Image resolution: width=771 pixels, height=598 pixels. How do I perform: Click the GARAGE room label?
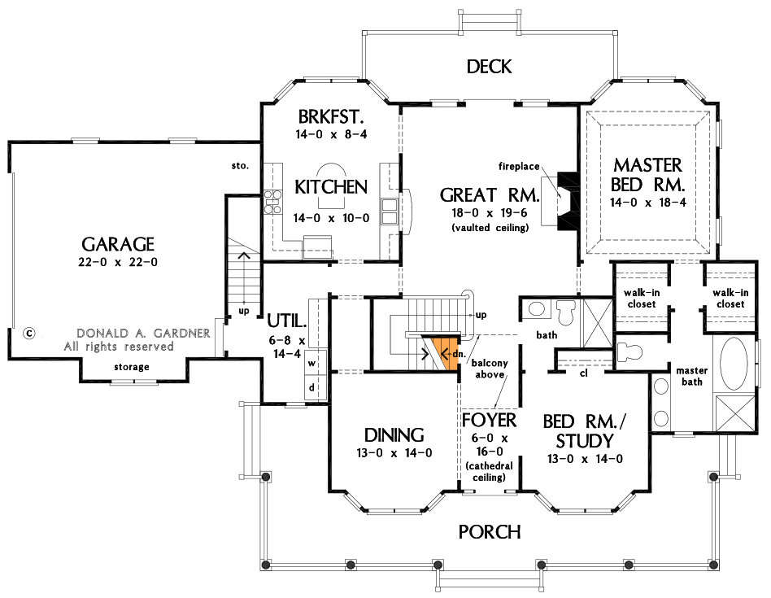pos(118,244)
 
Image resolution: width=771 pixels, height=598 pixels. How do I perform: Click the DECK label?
pos(490,67)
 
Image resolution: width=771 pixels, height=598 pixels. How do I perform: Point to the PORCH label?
pos(489,532)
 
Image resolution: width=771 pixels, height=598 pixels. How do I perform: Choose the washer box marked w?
pos(311,363)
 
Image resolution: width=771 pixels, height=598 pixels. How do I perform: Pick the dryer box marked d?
pos(311,388)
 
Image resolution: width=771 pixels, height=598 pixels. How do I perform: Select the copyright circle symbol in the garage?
pos(30,333)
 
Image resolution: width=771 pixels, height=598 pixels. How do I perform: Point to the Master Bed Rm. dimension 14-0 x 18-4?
pos(647,202)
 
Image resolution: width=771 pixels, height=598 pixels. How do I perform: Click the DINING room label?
pos(394,434)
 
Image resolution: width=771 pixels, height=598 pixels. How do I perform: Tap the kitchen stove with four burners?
pos(272,202)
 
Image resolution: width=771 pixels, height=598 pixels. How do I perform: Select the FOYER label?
pos(489,421)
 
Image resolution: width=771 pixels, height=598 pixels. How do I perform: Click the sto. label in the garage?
pos(239,166)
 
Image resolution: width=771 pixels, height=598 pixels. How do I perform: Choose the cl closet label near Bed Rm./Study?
pos(583,374)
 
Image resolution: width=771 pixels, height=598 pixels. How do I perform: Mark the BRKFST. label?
pos(329,115)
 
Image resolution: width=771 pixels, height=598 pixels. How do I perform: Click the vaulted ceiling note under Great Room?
pos(490,228)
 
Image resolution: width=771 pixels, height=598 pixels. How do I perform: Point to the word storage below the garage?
pos(132,367)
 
